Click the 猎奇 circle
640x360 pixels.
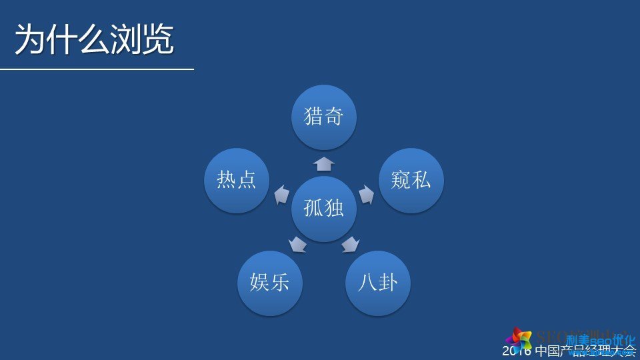point(324,117)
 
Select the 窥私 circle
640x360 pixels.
point(411,180)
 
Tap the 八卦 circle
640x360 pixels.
point(377,283)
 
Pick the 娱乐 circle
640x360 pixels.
point(270,283)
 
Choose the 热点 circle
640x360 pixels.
point(237,180)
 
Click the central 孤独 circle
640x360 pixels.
point(324,209)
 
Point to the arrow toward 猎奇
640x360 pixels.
point(324,164)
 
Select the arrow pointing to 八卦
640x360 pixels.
point(350,245)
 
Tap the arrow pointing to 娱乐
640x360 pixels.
point(297,245)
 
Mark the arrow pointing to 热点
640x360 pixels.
point(282,194)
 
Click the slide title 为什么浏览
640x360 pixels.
point(94,39)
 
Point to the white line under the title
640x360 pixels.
point(97,69)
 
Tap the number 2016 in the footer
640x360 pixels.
point(517,351)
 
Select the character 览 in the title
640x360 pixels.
point(157,39)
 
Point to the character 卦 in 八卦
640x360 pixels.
point(388,283)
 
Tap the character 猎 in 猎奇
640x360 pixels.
point(313,117)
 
